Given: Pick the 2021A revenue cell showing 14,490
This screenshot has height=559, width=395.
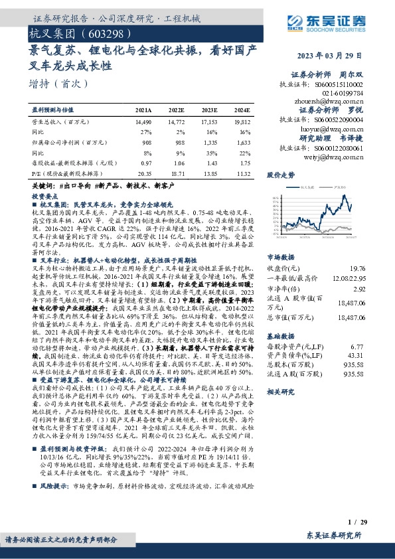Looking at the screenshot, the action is click(x=143, y=123).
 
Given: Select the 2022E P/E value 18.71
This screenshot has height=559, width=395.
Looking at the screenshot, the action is click(x=176, y=172).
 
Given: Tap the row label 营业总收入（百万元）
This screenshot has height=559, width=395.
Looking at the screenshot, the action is click(x=61, y=123).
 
